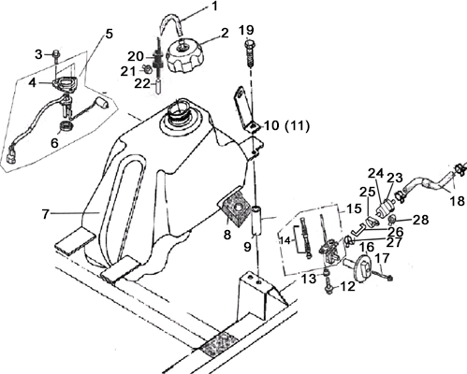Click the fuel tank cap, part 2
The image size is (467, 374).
pos(185,55)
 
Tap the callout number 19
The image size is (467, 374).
pos(246,30)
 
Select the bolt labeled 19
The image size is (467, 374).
pos(251,53)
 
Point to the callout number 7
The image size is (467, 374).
pos(46,214)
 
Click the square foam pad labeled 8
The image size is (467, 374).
pos(234,209)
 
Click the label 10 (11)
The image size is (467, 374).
pos(287,126)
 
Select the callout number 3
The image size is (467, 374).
pos(38,54)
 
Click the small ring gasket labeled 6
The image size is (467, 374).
pos(66,126)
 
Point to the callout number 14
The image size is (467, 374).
pos(285,240)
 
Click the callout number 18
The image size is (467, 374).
pos(457,201)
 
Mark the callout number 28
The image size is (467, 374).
pos(421,220)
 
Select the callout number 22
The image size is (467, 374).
pos(142,83)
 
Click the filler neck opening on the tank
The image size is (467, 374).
pos(178,111)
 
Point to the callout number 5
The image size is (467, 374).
pos(109,34)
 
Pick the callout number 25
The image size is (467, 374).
pos(367,193)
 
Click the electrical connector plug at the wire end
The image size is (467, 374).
pos(11,157)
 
